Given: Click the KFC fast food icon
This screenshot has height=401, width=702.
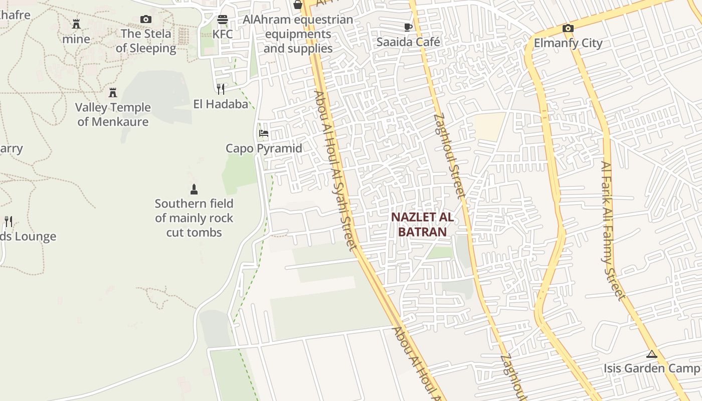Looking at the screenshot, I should point(223,20).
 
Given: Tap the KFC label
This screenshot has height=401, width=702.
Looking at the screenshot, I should point(223,34).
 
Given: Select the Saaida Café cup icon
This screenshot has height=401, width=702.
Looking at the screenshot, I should point(408,27).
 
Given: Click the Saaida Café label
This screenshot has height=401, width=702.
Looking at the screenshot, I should point(408,42).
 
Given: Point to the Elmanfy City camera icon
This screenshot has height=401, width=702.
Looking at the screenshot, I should point(568,29).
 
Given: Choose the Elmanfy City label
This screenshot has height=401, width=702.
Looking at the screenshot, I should point(568,43).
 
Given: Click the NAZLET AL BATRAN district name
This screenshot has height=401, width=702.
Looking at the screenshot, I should point(422,225).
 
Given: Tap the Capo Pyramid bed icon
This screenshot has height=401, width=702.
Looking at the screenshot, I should point(264,133).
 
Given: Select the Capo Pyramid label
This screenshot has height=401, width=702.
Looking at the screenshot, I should point(264,148).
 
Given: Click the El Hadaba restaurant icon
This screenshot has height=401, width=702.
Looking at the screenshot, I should point(221,89).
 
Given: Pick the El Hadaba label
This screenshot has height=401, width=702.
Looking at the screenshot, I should point(221,104).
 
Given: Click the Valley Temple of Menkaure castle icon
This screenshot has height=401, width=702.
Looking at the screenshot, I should point(113,93).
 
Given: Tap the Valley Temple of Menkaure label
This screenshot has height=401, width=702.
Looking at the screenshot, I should point(113,115).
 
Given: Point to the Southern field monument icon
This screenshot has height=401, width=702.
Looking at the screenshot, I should point(194,189).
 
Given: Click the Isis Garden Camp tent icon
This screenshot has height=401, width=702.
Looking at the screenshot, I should point(652,354).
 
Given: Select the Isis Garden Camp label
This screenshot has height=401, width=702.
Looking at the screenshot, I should point(652,368).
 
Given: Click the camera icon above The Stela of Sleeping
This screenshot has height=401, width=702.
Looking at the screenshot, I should point(146,20).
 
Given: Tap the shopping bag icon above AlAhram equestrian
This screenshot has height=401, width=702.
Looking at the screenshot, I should point(298,5).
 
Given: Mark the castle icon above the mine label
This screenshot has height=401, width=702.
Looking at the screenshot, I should point(76,24).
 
